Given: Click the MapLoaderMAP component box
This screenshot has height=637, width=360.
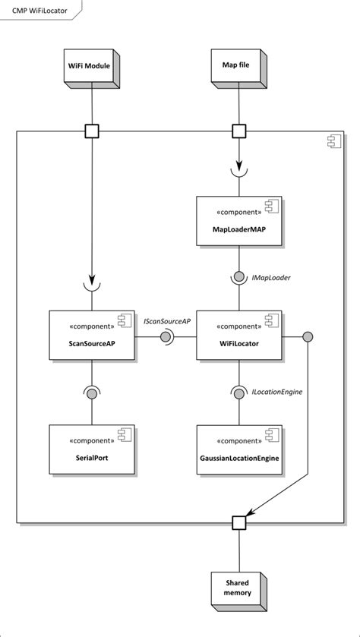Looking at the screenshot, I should [239, 221].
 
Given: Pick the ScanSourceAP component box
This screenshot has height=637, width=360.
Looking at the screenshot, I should [91, 335].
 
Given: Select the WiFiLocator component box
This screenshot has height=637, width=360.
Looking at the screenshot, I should [239, 335].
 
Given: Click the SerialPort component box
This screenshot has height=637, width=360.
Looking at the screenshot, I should [91, 448].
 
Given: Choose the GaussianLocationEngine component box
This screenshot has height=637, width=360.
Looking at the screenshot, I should [239, 448].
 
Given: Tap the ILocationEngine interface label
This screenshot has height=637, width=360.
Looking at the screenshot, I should [278, 392].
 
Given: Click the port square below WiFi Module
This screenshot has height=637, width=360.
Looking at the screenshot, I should [91, 131].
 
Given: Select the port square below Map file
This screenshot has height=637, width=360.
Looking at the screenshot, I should [238, 131].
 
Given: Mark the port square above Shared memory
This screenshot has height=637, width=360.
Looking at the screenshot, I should [238, 522].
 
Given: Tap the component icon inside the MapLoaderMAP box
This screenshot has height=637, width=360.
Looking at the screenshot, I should [271, 207].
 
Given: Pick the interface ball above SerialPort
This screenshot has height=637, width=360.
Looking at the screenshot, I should [91, 393].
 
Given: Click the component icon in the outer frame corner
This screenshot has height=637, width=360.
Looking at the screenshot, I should [333, 141].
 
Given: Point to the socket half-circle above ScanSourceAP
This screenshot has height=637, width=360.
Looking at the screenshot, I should [91, 286].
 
